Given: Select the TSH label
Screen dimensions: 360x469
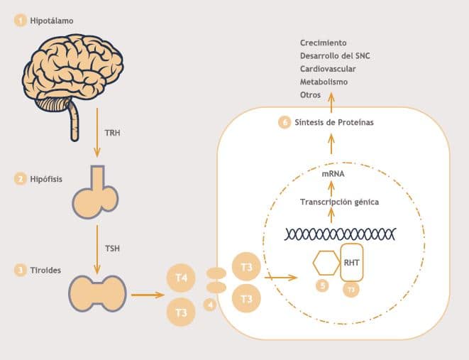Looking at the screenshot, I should [x=112, y=249].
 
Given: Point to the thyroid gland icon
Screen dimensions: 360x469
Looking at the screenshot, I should [x=97, y=291].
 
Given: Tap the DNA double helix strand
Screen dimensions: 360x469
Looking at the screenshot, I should [x=339, y=234].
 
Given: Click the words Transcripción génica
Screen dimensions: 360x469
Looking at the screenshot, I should [x=339, y=202].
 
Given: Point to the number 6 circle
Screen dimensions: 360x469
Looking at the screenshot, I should [x=285, y=123].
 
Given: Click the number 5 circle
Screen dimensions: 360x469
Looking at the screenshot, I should [x=324, y=287].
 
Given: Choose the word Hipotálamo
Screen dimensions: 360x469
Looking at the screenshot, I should [x=52, y=21].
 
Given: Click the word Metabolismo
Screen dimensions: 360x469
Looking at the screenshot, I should [x=324, y=82].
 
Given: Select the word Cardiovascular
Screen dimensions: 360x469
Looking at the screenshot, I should [x=327, y=69].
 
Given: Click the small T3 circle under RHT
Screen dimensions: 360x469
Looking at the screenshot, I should [x=351, y=290].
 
